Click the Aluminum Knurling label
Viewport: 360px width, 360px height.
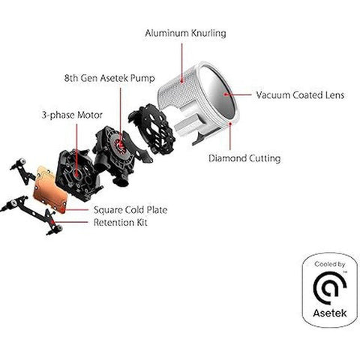pos(185,33)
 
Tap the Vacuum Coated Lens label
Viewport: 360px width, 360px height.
pos(300,95)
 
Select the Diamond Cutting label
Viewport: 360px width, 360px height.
pos(244,158)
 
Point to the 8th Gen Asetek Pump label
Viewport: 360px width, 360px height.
pos(109,78)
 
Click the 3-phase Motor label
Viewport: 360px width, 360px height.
pos(72,115)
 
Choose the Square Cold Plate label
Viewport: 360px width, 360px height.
pos(130,210)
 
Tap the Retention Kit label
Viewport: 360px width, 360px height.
pos(120,223)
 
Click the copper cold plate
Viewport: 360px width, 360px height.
pos(50,190)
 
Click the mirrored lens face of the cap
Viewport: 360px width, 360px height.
pos(217,91)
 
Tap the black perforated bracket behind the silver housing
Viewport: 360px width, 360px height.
pos(151,129)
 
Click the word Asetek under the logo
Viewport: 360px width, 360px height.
pos(330,313)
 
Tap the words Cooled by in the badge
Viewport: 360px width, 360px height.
pos(330,264)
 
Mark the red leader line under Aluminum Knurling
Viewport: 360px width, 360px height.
pos(182,62)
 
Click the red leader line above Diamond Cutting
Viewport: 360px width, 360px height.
pos(230,136)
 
